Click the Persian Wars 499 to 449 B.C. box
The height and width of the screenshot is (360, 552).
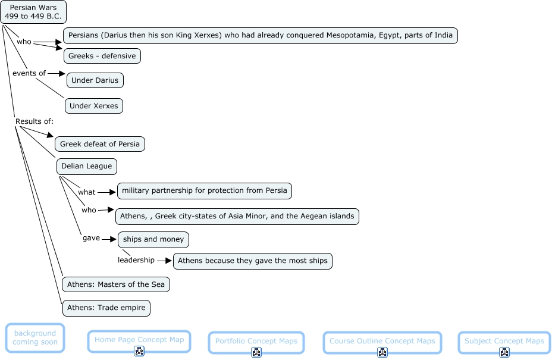tap(33, 12)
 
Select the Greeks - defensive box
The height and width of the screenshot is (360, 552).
tap(102, 56)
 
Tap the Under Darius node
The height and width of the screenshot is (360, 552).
tap(95, 80)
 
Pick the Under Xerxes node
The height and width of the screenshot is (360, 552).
tap(94, 106)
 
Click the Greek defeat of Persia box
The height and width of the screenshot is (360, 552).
tap(100, 144)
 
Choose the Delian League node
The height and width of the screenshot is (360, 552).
tap(87, 166)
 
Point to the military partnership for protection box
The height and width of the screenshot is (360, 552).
tap(205, 191)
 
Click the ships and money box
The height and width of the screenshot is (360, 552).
tap(154, 240)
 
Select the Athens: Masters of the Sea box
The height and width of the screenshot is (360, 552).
tap(116, 284)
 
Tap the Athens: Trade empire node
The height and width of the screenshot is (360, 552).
tap(106, 308)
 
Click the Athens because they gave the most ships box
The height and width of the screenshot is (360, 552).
tap(253, 261)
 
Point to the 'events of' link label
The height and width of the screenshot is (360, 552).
tap(29, 73)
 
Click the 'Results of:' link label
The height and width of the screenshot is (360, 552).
tap(34, 121)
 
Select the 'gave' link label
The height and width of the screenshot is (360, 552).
tap(91, 238)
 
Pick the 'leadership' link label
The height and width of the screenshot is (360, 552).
tap(136, 260)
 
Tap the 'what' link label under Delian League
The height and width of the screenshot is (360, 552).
tap(87, 192)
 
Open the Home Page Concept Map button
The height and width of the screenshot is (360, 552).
tap(139, 340)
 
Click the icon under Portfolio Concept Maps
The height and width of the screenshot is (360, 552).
tap(256, 352)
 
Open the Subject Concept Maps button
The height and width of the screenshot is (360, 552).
tap(504, 341)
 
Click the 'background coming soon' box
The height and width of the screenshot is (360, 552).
tap(35, 338)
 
